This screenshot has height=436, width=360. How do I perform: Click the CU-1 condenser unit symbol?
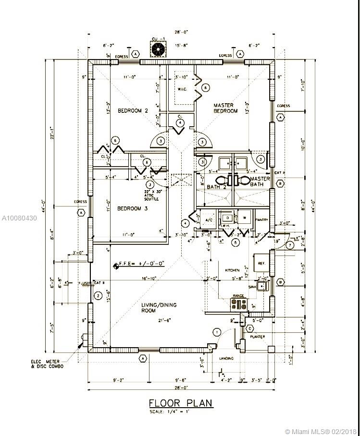click(158, 48)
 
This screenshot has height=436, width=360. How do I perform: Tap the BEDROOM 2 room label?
click(133, 110)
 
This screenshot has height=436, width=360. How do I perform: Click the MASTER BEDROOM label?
click(225, 108)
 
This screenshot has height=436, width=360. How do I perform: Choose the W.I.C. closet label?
click(182, 88)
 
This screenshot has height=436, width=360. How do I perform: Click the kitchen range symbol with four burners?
click(239, 304)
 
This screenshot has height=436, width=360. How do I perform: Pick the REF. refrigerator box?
click(261, 263)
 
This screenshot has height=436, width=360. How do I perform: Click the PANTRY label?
click(262, 219)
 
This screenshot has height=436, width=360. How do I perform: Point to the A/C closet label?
click(208, 219)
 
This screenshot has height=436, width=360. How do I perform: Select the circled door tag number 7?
click(290, 245)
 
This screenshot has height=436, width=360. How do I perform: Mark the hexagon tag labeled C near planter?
click(249, 328)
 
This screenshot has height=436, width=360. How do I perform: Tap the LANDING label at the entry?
click(226, 358)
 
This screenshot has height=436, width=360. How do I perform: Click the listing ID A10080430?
click(19, 218)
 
